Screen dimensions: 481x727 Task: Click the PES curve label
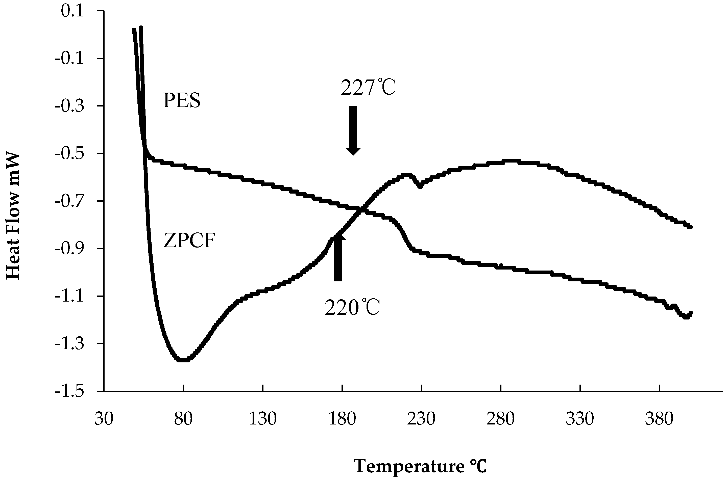pyautogui.click(x=182, y=101)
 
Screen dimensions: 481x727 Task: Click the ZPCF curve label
pyautogui.click(x=188, y=241)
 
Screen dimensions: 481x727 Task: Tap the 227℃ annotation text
pyautogui.click(x=368, y=88)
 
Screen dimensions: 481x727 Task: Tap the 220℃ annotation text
pyautogui.click(x=352, y=308)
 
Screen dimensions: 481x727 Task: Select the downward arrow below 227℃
pyautogui.click(x=353, y=130)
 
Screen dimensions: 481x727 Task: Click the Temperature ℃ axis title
pyautogui.click(x=421, y=467)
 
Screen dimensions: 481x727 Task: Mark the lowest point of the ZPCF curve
pyautogui.click(x=183, y=360)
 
